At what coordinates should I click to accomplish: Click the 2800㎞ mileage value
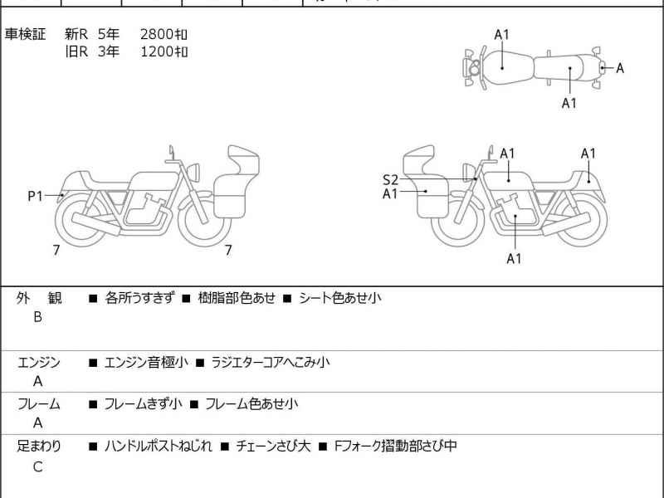coord(164,34)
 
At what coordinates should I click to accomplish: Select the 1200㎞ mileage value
coord(164,51)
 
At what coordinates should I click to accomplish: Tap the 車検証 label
coord(26,34)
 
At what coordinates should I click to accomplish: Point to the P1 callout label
coord(35,196)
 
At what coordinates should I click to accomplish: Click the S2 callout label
coord(390,179)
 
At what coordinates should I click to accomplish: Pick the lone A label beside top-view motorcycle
coord(619,68)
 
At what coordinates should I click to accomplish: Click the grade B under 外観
coord(37,316)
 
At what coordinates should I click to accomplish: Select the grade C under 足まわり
coord(37,466)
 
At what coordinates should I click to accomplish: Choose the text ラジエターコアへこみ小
coord(271,362)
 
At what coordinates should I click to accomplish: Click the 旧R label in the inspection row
coord(76,51)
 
